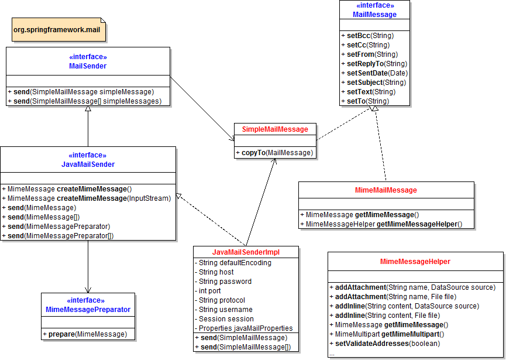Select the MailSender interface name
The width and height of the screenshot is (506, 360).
(88, 66)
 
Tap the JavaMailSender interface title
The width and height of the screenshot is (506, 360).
(88, 164)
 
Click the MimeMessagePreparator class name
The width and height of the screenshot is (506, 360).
(88, 310)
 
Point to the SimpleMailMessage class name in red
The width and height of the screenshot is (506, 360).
(275, 129)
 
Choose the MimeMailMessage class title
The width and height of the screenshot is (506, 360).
(385, 190)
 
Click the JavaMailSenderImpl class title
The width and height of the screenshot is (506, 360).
(246, 252)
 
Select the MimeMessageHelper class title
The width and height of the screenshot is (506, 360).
(415, 262)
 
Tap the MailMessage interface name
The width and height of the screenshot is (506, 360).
(374, 15)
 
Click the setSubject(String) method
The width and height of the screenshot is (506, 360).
(375, 83)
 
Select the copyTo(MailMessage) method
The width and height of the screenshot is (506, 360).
(274, 153)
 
